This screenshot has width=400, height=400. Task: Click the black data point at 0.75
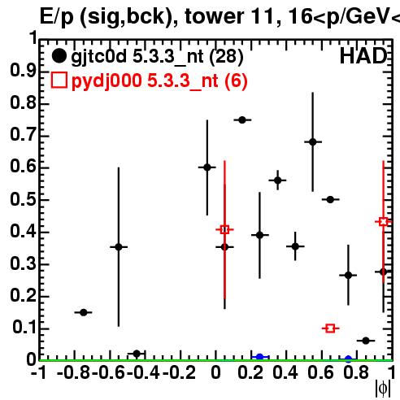(x=242, y=120)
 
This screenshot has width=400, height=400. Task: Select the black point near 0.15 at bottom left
(x=84, y=312)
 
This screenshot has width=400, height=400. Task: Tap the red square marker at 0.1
(x=330, y=328)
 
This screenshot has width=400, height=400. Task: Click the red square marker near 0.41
(x=224, y=230)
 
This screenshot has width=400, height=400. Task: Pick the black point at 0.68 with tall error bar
(x=313, y=141)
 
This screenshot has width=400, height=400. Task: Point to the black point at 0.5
(x=330, y=200)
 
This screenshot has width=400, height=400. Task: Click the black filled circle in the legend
(x=59, y=56)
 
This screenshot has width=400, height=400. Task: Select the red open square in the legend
(x=59, y=80)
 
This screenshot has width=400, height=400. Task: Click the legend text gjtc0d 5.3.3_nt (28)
(x=157, y=56)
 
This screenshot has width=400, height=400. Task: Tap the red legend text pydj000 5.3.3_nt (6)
(x=159, y=80)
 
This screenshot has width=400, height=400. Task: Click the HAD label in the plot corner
(x=363, y=56)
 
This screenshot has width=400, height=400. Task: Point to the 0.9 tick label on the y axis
(x=23, y=71)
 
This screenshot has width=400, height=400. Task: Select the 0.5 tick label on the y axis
(x=23, y=199)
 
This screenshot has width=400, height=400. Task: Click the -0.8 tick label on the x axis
(x=74, y=372)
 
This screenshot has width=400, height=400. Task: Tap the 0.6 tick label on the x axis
(x=321, y=372)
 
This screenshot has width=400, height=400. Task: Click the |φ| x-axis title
(x=383, y=389)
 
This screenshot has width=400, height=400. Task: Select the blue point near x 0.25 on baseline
(x=259, y=357)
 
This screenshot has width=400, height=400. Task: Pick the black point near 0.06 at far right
(x=366, y=341)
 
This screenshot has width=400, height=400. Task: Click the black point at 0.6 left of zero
(x=207, y=167)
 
